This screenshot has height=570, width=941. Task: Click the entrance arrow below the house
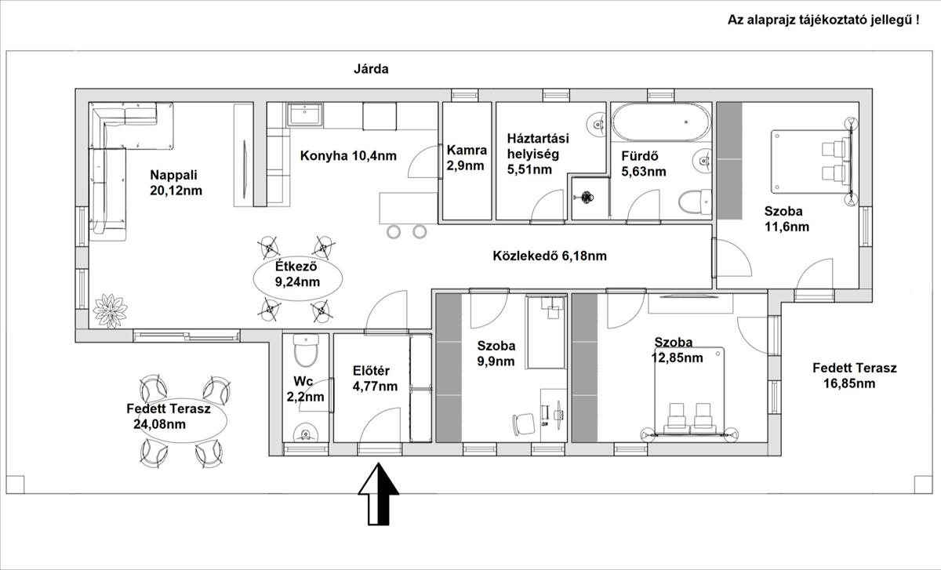(x=378, y=494)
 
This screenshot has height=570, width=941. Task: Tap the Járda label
(x=371, y=69)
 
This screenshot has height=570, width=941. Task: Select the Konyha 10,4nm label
(x=348, y=156)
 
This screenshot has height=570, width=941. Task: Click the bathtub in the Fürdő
(x=661, y=122)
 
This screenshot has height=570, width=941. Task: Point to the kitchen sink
(x=305, y=114)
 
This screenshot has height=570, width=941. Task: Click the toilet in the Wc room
(x=306, y=350)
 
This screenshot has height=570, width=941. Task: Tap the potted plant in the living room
(x=110, y=310)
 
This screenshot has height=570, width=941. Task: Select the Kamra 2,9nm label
(x=467, y=158)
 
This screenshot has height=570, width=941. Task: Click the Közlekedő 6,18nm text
(x=550, y=256)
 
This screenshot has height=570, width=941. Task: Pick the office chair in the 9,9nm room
(x=523, y=424)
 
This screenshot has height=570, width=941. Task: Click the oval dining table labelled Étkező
(x=298, y=278)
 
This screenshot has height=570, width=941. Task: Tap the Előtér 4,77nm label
(x=375, y=379)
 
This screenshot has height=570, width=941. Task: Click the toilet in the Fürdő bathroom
(x=695, y=201)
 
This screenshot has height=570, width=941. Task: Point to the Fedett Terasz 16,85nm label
(x=854, y=376)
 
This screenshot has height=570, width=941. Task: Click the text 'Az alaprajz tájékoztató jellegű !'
(x=823, y=20)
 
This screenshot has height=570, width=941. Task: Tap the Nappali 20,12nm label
(x=176, y=183)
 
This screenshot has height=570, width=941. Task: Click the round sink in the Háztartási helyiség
(x=597, y=125)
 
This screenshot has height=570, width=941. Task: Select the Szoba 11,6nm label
(x=787, y=219)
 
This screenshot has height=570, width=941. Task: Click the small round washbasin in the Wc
(x=305, y=433)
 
